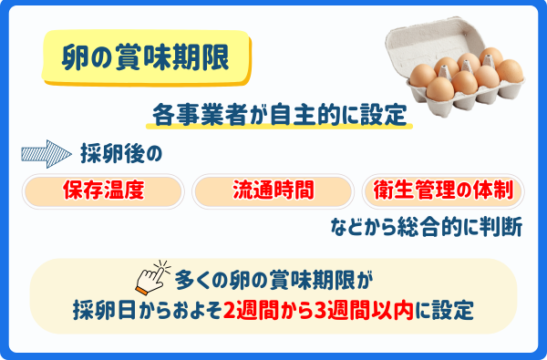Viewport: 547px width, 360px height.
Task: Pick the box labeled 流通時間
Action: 273,190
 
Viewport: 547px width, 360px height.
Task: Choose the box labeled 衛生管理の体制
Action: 443,190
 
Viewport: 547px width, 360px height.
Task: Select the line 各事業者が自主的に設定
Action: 279,116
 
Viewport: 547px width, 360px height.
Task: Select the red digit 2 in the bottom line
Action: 229,309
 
